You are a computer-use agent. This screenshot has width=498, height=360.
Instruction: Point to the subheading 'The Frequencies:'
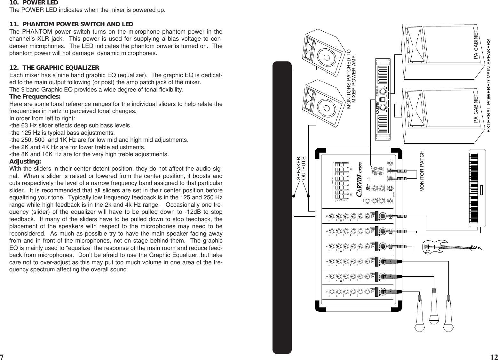coord(35,97)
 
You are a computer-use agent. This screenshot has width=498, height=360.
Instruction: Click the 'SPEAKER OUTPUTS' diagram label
coord(301,168)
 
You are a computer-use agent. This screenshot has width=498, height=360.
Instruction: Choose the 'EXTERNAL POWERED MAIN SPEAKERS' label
coord(488,86)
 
